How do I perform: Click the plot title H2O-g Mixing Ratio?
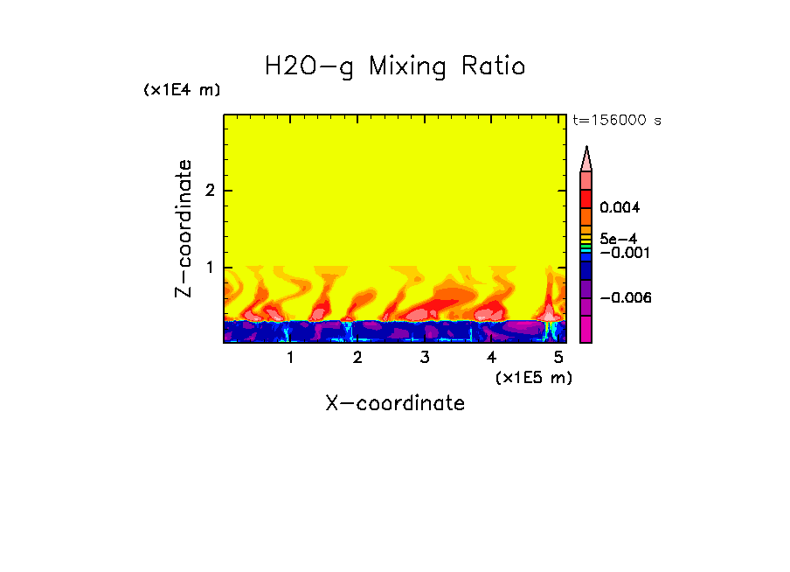(395, 66)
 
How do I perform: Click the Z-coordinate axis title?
(184, 228)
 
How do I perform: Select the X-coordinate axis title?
(395, 403)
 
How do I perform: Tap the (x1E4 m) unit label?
(182, 90)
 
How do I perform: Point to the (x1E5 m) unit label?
(533, 377)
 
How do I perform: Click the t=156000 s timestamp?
(616, 120)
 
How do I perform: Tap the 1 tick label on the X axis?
(290, 358)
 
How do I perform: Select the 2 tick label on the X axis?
(357, 358)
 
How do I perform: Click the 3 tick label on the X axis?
(425, 358)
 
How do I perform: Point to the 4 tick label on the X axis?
(491, 358)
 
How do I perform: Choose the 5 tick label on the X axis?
(558, 358)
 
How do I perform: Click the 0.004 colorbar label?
(620, 208)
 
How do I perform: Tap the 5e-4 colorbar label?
(618, 238)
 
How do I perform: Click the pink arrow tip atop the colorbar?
(586, 158)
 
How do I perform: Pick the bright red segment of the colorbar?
(586, 199)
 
